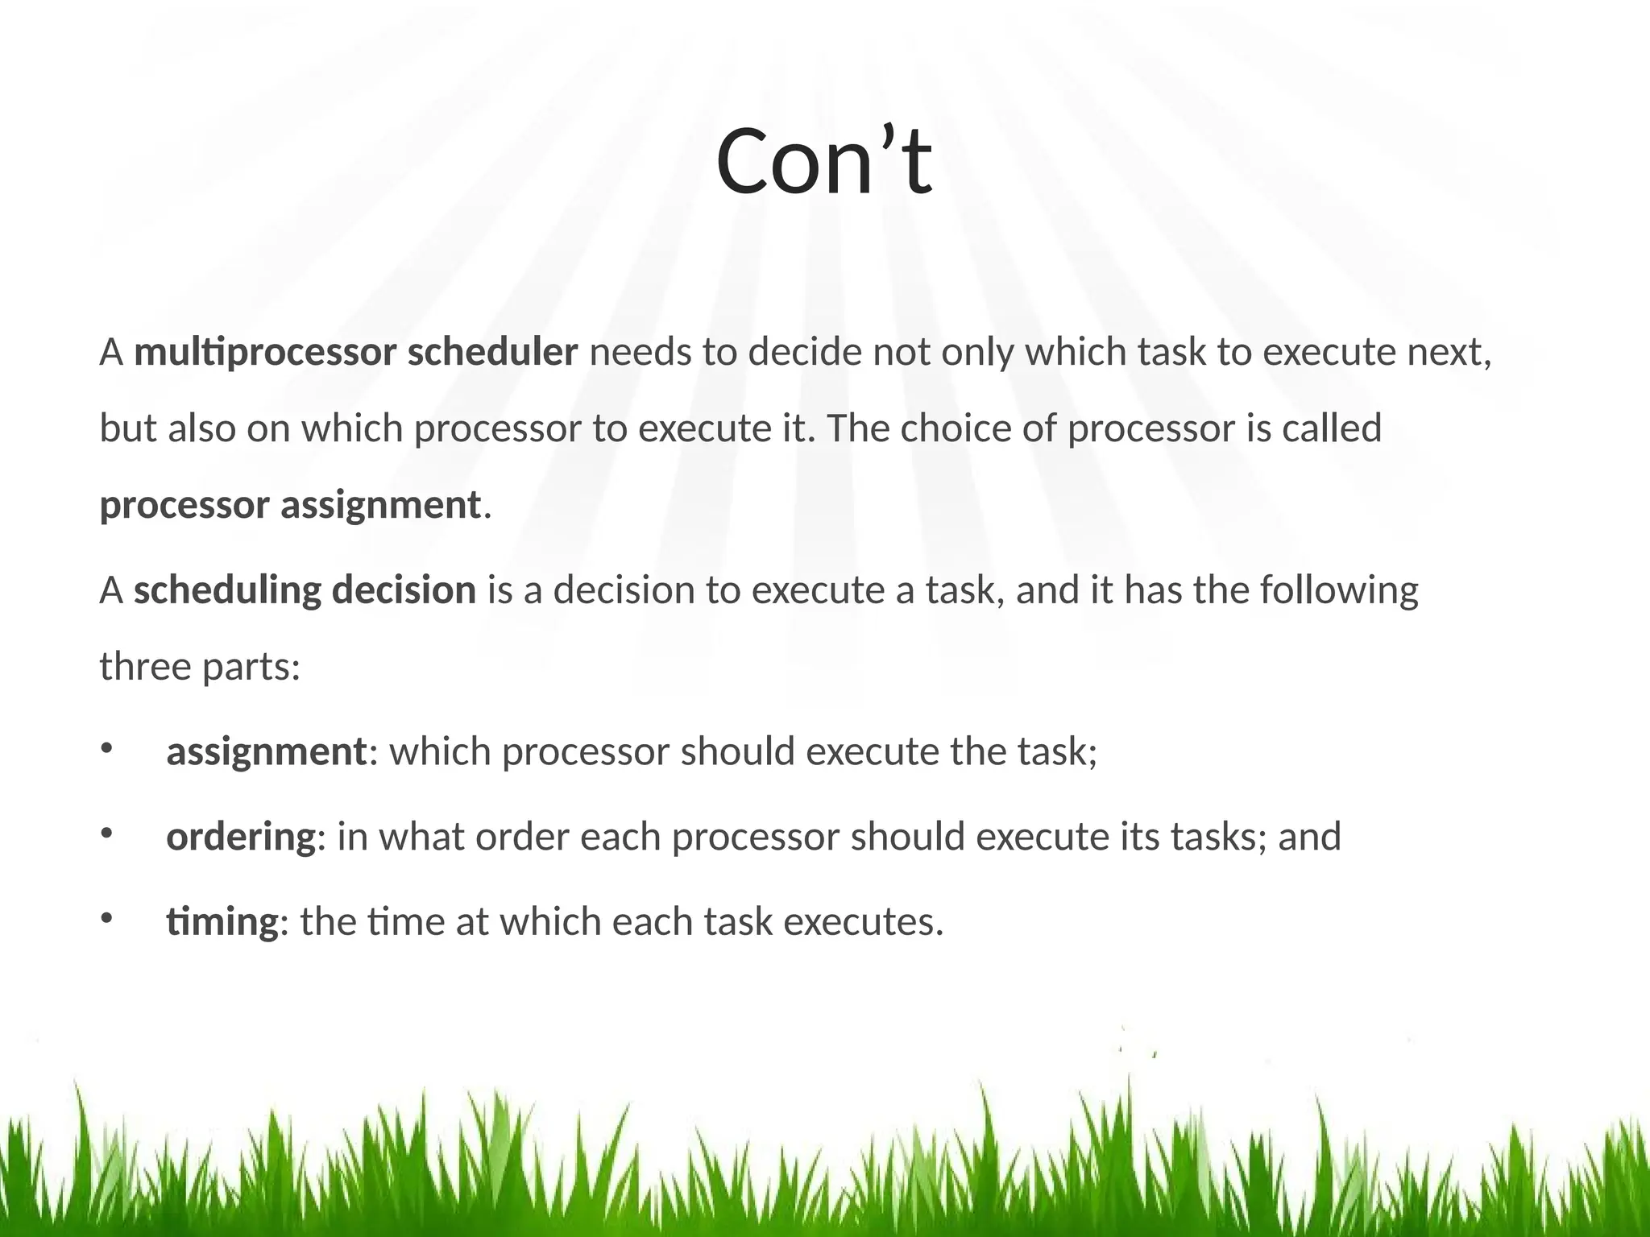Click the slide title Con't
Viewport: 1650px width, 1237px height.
coord(823,163)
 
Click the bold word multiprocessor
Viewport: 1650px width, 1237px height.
coord(265,353)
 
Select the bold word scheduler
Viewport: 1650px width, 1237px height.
coord(492,353)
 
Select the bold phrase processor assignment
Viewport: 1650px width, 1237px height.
coord(290,506)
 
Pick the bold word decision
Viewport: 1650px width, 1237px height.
coord(404,590)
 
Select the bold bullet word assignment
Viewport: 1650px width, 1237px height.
coord(266,752)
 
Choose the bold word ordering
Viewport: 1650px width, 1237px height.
coord(241,837)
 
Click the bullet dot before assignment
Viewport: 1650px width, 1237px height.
coord(106,749)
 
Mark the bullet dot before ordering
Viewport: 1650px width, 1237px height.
coord(106,834)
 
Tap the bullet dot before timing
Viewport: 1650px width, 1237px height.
coord(106,918)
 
